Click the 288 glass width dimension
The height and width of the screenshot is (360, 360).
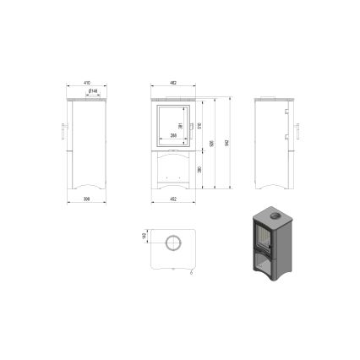tap(172, 136)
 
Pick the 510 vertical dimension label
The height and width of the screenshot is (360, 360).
tap(199, 125)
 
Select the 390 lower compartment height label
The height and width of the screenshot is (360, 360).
tap(199, 168)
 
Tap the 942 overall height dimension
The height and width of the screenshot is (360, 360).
tap(226, 142)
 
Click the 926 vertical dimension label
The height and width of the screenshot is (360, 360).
tap(213, 142)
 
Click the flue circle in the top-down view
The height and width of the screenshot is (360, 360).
tap(172, 243)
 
